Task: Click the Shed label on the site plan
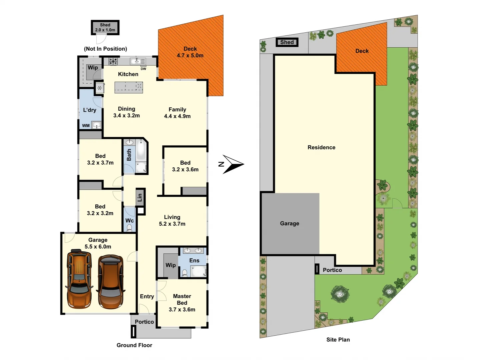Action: [x=287, y=42]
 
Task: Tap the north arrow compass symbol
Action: [x=232, y=164]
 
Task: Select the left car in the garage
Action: [x=79, y=280]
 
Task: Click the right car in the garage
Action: [x=111, y=282]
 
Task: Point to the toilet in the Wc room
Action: [x=129, y=228]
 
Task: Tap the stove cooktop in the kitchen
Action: [x=113, y=61]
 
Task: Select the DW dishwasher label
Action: [x=143, y=69]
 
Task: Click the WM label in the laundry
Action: [x=86, y=126]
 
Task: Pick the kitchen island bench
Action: [x=129, y=87]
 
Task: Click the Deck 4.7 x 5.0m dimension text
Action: [x=190, y=56]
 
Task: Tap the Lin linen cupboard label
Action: [x=140, y=197]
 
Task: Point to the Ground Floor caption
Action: [x=134, y=345]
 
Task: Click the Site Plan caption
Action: [x=338, y=340]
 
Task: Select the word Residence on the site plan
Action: [x=321, y=147]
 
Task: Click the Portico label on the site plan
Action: [x=332, y=270]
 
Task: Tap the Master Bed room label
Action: [x=182, y=299]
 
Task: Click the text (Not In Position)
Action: [x=105, y=49]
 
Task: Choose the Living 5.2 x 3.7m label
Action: [x=172, y=220]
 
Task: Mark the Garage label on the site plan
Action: [x=290, y=223]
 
